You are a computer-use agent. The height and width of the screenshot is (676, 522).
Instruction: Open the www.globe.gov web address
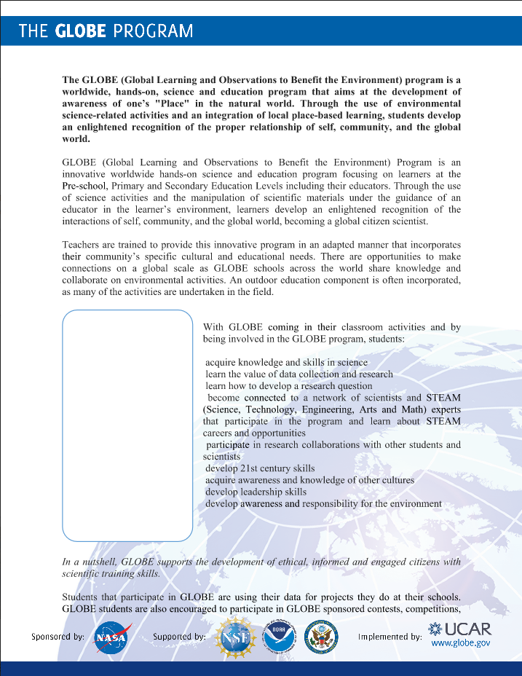tap(461, 643)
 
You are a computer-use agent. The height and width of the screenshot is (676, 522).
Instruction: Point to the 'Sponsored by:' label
tap(58, 636)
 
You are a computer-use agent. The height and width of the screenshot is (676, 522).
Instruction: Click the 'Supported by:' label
tap(179, 636)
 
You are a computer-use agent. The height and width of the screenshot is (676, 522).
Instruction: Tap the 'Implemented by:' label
tap(389, 636)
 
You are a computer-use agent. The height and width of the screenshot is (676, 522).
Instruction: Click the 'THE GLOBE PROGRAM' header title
tap(106, 31)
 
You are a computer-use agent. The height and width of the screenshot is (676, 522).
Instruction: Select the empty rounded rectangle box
tap(127, 426)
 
